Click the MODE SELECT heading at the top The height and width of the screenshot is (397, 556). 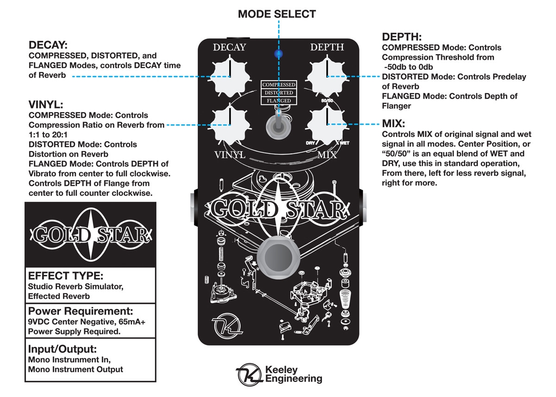[x=277, y=14]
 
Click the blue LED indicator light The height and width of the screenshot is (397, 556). [x=278, y=54]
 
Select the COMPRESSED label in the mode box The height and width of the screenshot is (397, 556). [x=278, y=85]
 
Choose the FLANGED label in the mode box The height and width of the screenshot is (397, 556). [x=278, y=101]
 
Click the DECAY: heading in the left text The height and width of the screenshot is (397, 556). [x=48, y=45]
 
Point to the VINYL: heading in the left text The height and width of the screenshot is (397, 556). [x=46, y=104]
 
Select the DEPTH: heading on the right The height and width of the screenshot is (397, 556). [x=402, y=37]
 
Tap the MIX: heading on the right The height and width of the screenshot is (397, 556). [x=393, y=124]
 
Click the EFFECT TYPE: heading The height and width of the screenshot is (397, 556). [x=65, y=276]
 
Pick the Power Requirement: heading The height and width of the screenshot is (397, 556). [x=81, y=311]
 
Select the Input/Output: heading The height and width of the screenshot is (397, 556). [x=63, y=349]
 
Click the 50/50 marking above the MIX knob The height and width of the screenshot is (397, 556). [x=327, y=100]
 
